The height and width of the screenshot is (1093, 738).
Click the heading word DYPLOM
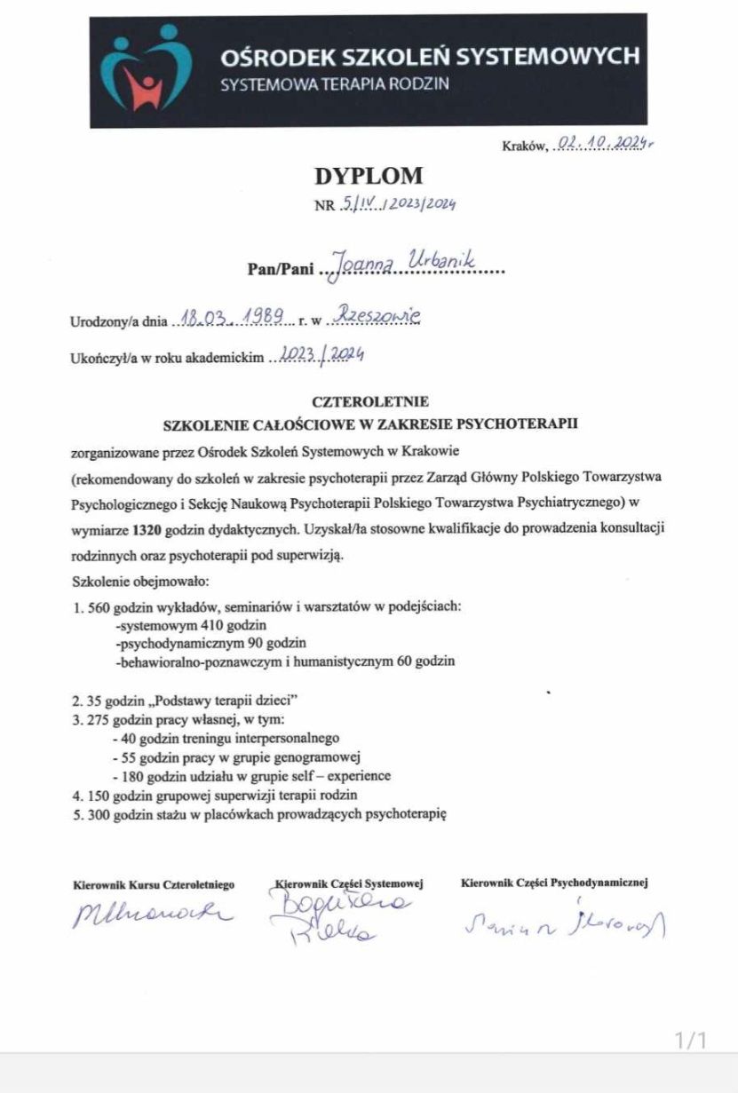(369, 176)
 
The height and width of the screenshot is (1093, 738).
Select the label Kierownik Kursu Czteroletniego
(153, 884)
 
